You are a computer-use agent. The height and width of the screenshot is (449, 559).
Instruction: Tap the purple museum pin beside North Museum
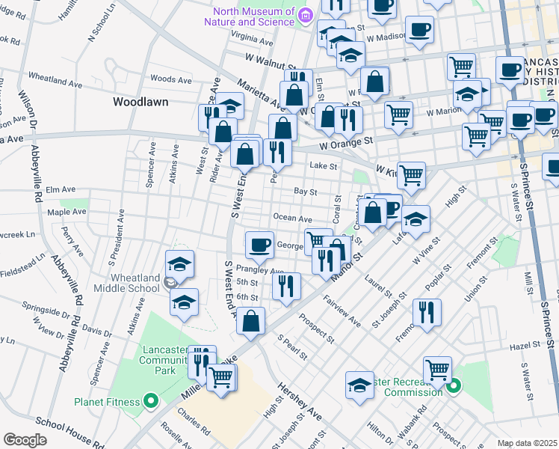304,16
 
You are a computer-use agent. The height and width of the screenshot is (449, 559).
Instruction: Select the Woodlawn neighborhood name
140,101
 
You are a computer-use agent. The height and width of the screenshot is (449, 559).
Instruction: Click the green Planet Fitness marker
150,401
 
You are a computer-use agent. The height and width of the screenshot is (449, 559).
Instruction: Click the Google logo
25,440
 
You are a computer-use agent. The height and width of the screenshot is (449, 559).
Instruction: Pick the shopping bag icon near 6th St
252,322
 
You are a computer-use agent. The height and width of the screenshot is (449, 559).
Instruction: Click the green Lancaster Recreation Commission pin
454,387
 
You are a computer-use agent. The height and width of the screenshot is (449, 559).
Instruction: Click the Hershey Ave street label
299,401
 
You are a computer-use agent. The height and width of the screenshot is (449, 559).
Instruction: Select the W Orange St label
345,141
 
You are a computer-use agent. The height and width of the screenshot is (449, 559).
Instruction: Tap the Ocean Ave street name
292,219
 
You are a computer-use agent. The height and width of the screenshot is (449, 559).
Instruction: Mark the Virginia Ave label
252,35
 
